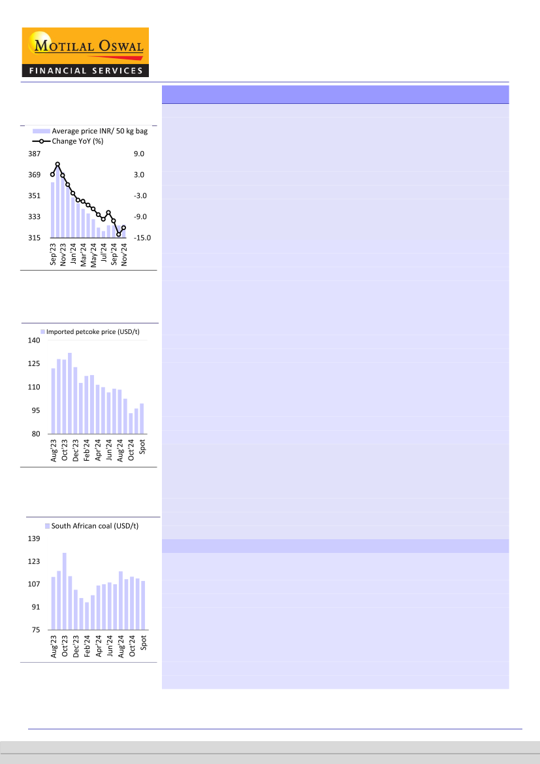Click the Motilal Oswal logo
click(x=86, y=52)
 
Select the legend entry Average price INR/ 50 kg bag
click(x=99, y=131)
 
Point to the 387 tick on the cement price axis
click(x=33, y=154)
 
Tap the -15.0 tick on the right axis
click(x=142, y=238)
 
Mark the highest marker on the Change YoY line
click(x=57, y=165)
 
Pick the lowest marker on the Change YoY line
click(x=119, y=233)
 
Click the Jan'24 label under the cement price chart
click(x=73, y=253)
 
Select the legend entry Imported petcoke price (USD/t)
click(x=92, y=332)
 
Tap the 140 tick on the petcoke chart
click(x=34, y=340)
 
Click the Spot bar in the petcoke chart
click(x=142, y=418)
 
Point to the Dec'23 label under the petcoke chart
click(x=76, y=450)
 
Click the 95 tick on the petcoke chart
click(x=36, y=410)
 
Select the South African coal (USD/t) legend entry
click(x=94, y=525)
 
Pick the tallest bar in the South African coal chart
click(x=65, y=591)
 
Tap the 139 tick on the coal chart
click(x=34, y=539)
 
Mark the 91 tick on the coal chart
click(x=36, y=607)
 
